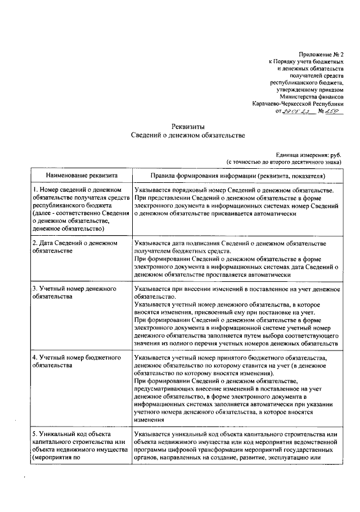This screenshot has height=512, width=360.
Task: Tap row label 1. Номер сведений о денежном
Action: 78,190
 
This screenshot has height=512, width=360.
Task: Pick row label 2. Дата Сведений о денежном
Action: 74,243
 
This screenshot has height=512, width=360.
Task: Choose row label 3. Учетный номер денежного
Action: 74,288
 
